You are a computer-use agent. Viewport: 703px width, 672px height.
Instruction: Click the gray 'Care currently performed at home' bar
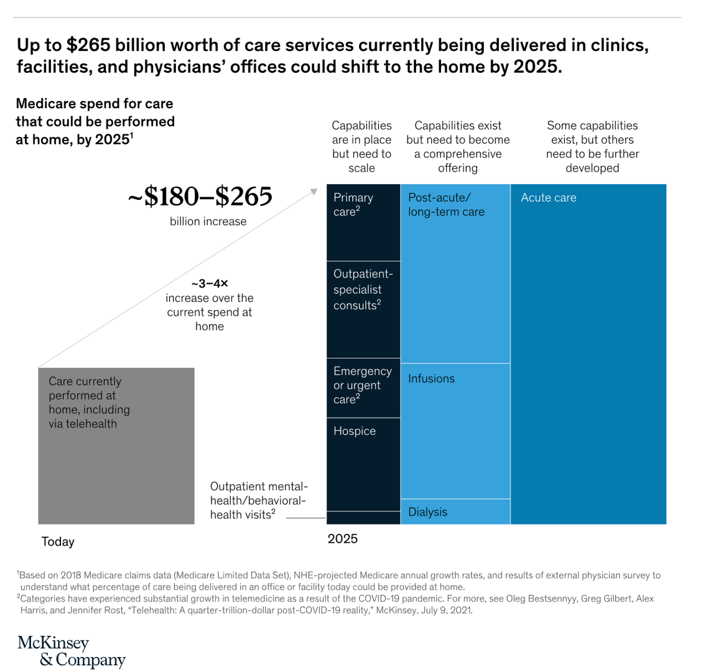[116, 446]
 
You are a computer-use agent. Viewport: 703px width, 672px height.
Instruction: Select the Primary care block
[363, 222]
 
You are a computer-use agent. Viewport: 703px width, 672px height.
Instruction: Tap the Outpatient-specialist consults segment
[363, 309]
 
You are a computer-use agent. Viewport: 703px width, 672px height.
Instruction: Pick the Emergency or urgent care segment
[363, 388]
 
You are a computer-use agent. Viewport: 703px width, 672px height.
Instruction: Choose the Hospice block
[363, 464]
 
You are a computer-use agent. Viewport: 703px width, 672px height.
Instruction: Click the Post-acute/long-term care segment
[455, 274]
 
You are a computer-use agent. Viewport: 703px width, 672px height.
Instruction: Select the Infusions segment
[455, 431]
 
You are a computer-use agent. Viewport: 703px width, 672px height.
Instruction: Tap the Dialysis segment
[455, 512]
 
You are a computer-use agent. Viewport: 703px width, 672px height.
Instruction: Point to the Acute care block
[589, 354]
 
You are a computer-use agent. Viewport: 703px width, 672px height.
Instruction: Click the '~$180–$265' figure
[200, 198]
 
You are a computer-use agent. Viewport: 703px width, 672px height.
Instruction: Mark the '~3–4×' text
[209, 283]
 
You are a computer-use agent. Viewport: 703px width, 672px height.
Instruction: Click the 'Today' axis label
[58, 542]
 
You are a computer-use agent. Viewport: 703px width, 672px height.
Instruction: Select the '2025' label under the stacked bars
[343, 539]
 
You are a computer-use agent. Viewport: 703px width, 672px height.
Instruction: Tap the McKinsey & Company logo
[72, 651]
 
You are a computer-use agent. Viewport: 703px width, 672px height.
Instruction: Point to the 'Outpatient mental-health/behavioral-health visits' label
[259, 500]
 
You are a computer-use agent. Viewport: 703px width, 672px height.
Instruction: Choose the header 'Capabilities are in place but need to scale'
[361, 147]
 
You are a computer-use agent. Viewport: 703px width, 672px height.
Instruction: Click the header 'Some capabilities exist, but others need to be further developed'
[592, 147]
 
